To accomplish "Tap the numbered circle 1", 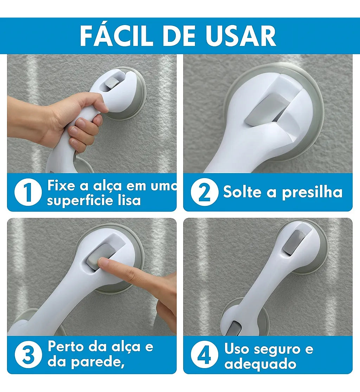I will (28, 192).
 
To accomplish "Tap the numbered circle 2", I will (204, 192).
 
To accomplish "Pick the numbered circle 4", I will (204, 355).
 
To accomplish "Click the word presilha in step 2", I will (312, 192).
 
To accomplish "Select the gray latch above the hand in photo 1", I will (112, 83).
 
